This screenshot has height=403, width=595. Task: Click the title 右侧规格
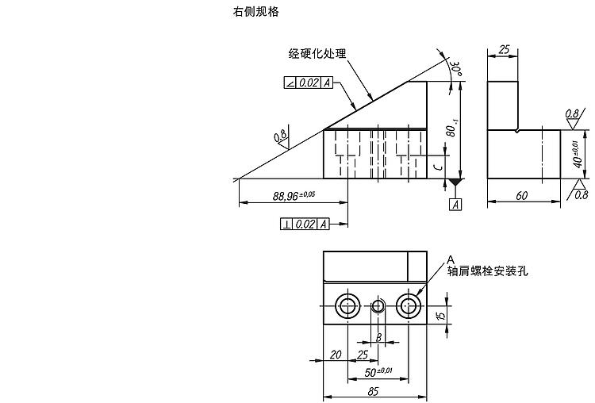click(x=255, y=12)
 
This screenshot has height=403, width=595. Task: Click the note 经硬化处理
click(x=317, y=53)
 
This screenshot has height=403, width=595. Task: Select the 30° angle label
click(x=455, y=68)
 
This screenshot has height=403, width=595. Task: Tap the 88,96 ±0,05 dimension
click(x=294, y=196)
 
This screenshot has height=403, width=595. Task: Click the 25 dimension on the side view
click(x=504, y=49)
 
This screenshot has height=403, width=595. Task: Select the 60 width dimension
click(x=522, y=195)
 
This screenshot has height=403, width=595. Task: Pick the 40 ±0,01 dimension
click(x=578, y=155)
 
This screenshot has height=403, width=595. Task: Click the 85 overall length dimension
click(x=374, y=391)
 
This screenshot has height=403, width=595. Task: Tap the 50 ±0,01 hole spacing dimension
click(x=378, y=372)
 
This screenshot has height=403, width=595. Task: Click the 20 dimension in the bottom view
click(x=336, y=355)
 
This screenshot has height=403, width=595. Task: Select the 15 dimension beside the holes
click(x=440, y=316)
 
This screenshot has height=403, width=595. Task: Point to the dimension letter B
click(x=378, y=337)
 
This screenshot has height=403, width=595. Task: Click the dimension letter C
click(x=437, y=167)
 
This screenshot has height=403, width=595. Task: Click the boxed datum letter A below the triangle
click(x=455, y=205)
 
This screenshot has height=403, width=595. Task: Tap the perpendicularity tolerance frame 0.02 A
click(x=305, y=225)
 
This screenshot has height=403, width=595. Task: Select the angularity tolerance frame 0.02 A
click(x=309, y=83)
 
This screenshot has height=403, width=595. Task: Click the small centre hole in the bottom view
click(x=378, y=305)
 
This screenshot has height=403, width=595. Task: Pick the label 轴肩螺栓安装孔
click(x=487, y=271)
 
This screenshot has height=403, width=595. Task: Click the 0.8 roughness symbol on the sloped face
click(x=281, y=137)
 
